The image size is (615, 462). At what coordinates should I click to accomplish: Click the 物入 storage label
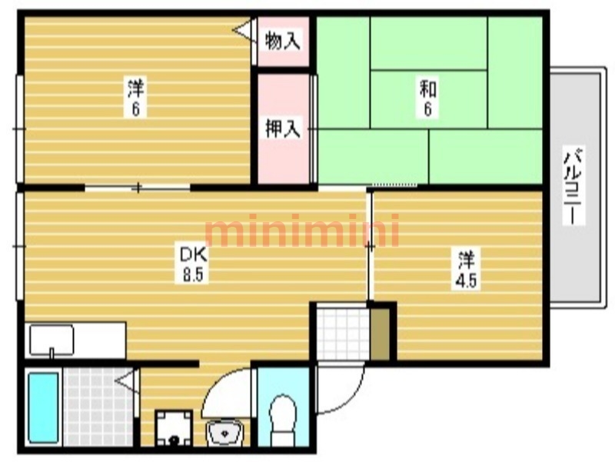coord(282,41)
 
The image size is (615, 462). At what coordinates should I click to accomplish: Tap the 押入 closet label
coord(282,128)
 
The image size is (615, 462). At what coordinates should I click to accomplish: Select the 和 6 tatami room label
coord(428,98)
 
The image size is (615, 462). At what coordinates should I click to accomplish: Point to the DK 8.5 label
coord(194,264)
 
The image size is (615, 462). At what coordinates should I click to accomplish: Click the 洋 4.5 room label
coord(467,269)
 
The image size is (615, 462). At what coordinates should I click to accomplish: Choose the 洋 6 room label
coord(136,98)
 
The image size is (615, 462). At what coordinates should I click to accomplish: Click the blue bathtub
coord(44,407)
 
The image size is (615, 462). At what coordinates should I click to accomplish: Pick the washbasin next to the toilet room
coord(224,433)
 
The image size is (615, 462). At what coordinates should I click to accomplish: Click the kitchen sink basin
coord(52,340)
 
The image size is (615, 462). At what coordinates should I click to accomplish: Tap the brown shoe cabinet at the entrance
coord(380,334)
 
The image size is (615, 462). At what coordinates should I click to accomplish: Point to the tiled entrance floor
coord(343,334)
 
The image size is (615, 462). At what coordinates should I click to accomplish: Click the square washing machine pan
coord(174,428)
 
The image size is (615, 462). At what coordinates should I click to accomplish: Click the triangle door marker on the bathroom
coord(126,381)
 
